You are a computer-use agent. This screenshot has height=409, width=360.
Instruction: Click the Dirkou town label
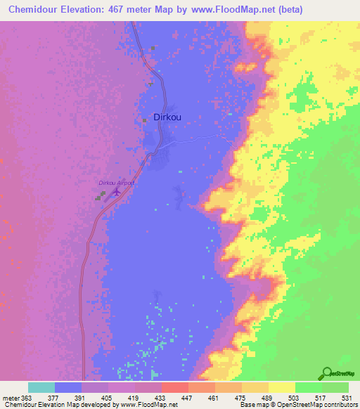tap(167, 117)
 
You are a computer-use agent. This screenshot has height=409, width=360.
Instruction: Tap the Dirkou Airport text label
tap(116, 183)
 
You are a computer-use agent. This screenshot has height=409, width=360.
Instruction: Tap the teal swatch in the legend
tap(41, 387)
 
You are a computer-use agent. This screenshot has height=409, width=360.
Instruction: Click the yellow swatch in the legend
tap(281, 387)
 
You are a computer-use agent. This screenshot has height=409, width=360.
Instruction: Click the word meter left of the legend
tap(9, 396)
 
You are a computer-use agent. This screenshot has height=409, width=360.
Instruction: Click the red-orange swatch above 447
tap(174, 387)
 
